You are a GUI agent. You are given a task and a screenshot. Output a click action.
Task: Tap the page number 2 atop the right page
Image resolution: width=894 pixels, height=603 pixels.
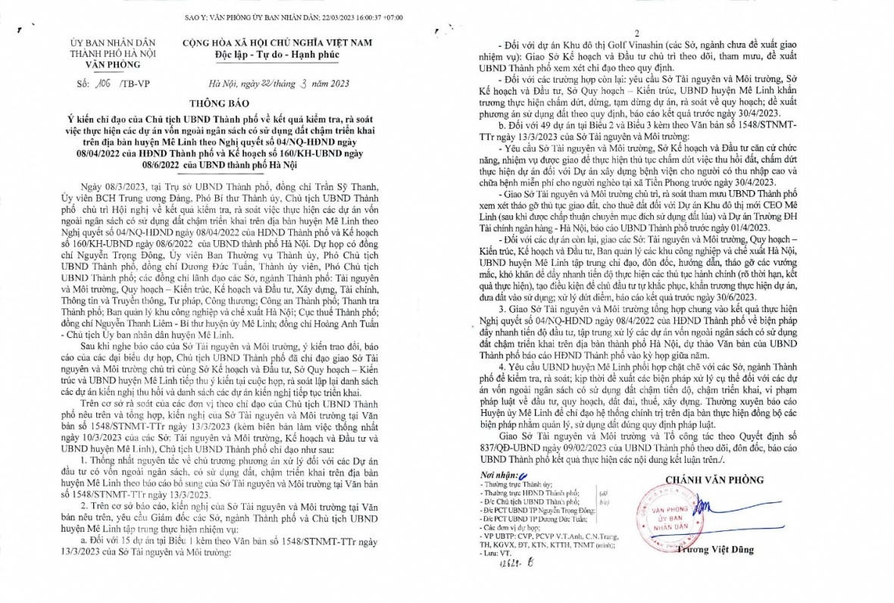(x=637, y=34)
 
